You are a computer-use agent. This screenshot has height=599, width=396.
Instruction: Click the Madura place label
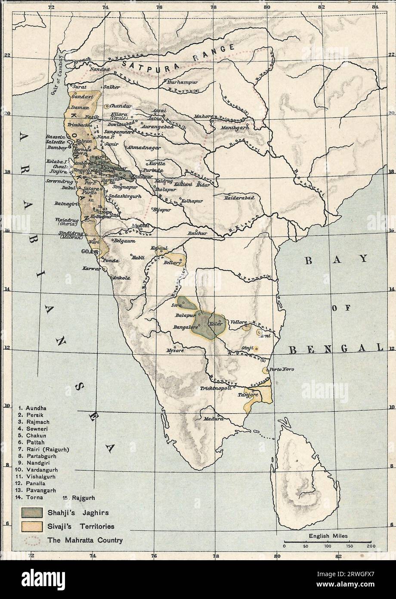pyautogui.click(x=214, y=418)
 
